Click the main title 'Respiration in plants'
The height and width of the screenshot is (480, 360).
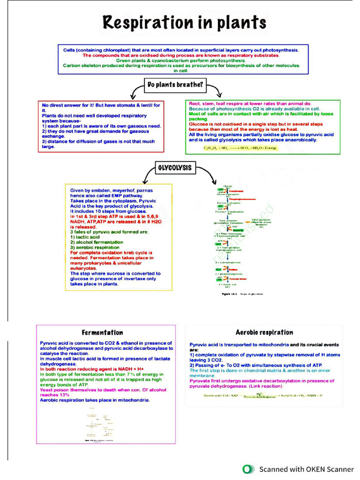(x=184, y=22)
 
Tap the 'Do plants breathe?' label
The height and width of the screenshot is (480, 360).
(x=175, y=85)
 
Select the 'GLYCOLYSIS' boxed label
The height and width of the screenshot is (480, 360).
(x=175, y=168)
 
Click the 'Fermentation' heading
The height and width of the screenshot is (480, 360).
(x=102, y=332)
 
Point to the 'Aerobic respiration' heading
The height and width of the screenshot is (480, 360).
(x=264, y=332)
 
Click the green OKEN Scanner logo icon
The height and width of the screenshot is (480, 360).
(x=248, y=469)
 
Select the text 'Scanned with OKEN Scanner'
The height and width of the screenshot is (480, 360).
(x=307, y=469)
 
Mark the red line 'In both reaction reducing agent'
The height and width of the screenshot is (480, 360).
(x=92, y=369)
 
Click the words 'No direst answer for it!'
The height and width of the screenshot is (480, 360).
(x=74, y=105)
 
